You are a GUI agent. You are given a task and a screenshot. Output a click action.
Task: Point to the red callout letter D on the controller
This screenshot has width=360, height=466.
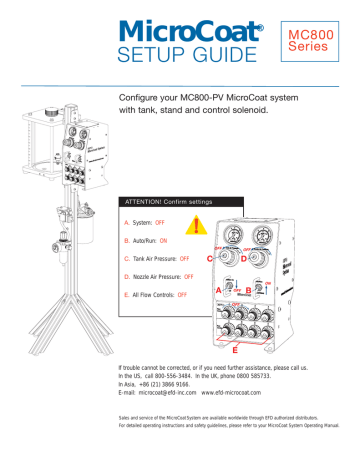(x=244, y=260)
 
